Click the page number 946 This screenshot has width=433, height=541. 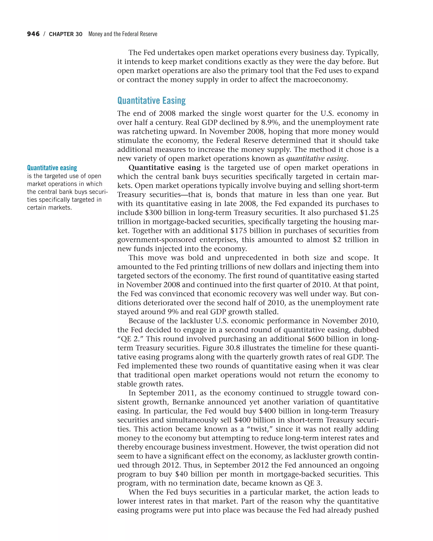point(33,34)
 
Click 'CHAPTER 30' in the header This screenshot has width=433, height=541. point(66,34)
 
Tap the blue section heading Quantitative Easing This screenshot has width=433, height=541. point(151,100)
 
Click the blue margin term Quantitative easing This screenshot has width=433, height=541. point(52,168)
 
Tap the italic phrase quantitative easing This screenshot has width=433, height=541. point(316,158)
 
